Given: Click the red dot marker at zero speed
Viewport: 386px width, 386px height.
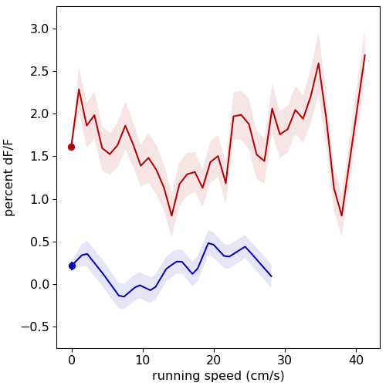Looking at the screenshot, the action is (71, 147).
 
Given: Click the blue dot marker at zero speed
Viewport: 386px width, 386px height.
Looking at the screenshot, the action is (72, 266).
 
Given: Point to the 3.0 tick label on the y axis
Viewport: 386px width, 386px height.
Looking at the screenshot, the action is (39, 29).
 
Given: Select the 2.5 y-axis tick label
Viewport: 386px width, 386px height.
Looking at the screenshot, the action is (39, 71).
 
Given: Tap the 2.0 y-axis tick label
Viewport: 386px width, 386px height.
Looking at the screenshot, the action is (39, 114).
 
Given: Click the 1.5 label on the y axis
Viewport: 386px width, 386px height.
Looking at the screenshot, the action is (39, 157).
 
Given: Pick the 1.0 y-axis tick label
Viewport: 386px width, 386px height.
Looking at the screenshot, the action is (39, 199).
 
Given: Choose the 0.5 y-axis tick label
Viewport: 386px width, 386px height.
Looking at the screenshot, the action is (39, 242).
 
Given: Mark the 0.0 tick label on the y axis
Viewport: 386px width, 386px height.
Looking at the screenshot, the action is (39, 284).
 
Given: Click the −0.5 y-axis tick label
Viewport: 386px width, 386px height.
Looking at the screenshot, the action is (36, 327).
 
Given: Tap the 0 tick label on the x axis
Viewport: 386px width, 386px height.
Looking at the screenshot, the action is (72, 361).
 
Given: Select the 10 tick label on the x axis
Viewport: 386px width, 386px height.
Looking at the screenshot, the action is (143, 361).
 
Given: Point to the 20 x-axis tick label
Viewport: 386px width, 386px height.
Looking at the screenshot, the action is (214, 361).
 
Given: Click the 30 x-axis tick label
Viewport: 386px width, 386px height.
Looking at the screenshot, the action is (285, 361).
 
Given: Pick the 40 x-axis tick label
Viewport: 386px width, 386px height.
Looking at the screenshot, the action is (356, 361).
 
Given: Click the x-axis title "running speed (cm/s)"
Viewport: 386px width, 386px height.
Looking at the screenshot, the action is (218, 376).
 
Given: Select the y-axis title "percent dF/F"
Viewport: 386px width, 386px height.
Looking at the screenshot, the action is (8, 178).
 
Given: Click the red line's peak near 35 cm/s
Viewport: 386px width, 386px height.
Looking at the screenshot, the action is (318, 63).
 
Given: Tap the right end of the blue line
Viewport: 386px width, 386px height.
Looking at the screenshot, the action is (272, 276).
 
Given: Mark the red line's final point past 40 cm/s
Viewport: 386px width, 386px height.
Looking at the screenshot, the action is (365, 55).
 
